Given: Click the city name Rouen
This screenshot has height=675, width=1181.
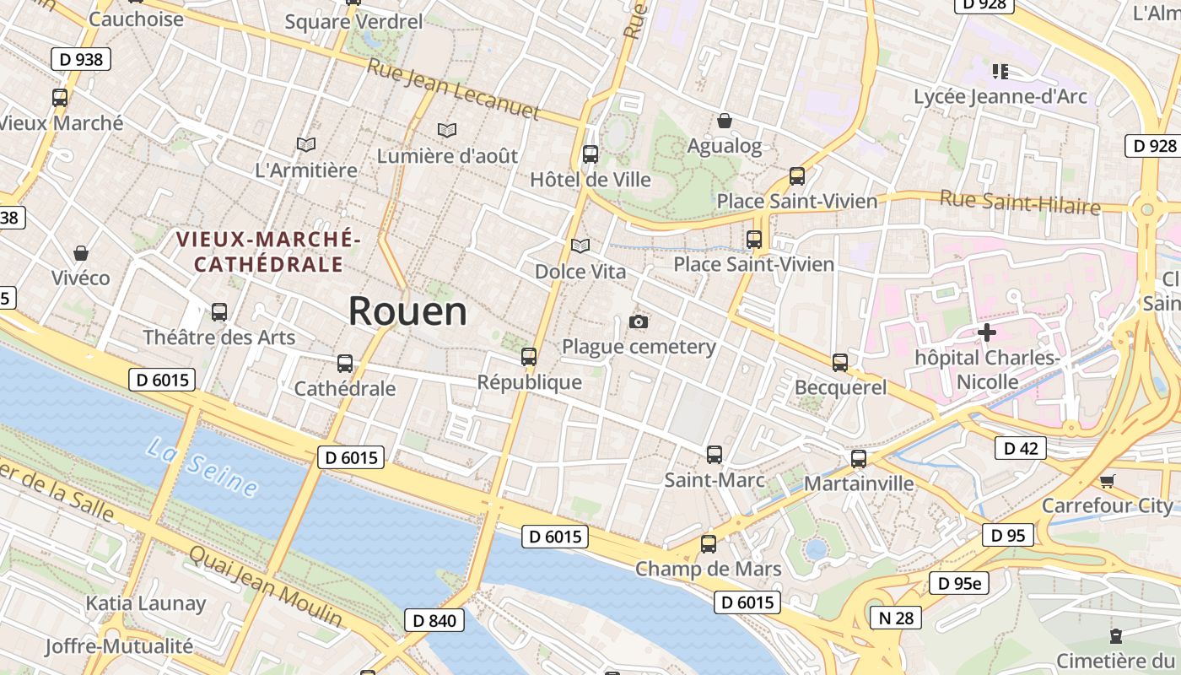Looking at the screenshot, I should pyautogui.click(x=407, y=310).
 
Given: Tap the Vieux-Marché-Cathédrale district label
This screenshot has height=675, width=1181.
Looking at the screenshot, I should pyautogui.click(x=268, y=252).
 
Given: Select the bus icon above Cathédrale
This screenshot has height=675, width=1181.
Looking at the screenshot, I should pyautogui.click(x=345, y=364).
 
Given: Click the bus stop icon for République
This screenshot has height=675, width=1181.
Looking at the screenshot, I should pyautogui.click(x=529, y=357).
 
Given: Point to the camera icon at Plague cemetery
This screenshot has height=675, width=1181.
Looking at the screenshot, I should pyautogui.click(x=639, y=321).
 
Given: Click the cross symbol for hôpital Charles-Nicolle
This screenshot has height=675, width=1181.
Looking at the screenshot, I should pyautogui.click(x=986, y=332).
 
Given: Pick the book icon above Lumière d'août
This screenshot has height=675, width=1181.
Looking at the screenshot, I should pyautogui.click(x=447, y=130).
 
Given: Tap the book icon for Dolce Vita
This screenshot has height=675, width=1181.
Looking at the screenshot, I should pyautogui.click(x=580, y=246).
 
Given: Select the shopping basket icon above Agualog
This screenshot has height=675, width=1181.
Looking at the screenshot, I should pyautogui.click(x=724, y=121).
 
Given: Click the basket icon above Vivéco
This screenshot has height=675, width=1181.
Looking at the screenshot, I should pyautogui.click(x=81, y=252).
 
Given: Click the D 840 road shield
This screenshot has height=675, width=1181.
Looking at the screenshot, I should pyautogui.click(x=434, y=621).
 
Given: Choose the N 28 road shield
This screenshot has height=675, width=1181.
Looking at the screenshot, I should pyautogui.click(x=896, y=618).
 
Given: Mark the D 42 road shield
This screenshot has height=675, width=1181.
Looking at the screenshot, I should pyautogui.click(x=1020, y=448).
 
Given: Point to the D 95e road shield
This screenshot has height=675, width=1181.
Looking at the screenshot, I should pyautogui.click(x=959, y=582).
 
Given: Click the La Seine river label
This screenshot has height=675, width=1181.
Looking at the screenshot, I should pyautogui.click(x=202, y=467).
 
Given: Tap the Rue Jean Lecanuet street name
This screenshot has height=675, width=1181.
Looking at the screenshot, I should pyautogui.click(x=453, y=89).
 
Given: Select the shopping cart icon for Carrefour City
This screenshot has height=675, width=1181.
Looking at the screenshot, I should pyautogui.click(x=1107, y=481).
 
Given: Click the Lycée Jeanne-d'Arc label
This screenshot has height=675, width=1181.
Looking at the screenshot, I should pyautogui.click(x=1000, y=96).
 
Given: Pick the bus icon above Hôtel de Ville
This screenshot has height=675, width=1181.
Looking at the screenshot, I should pyautogui.click(x=590, y=154).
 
